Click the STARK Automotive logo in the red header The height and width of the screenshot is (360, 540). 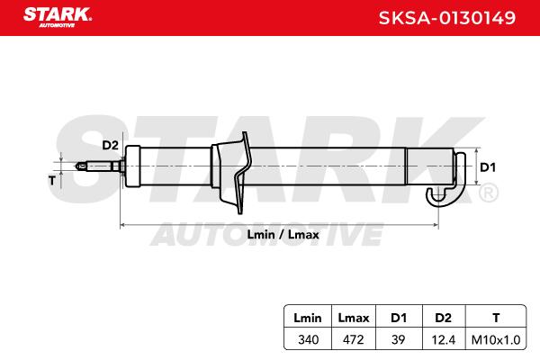(58, 17)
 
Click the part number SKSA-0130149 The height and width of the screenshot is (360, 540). (447, 18)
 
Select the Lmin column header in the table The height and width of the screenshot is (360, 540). (308, 318)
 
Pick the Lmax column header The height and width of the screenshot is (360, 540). (354, 318)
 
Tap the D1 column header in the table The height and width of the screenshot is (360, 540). (399, 318)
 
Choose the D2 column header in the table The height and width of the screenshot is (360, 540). (443, 318)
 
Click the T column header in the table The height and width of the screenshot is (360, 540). (496, 318)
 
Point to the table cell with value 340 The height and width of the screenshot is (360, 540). (308, 339)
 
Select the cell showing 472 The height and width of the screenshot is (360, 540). (354, 339)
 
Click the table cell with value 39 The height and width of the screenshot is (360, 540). (399, 339)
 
